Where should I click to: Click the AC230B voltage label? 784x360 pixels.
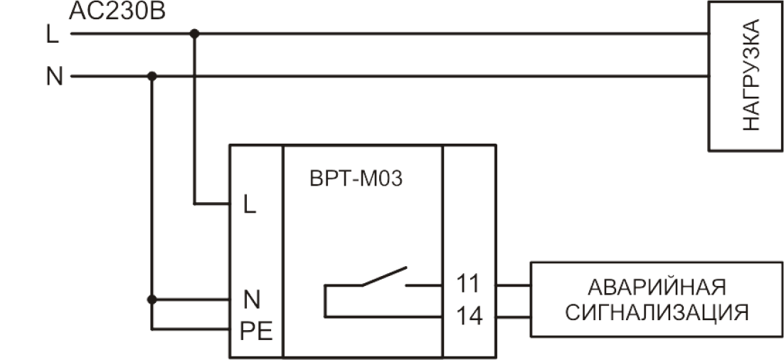click(117, 11)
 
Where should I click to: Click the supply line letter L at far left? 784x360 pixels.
click(53, 34)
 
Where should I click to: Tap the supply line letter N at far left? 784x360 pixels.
click(55, 77)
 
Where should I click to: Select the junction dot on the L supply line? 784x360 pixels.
click(194, 33)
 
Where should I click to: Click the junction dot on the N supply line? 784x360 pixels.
click(152, 76)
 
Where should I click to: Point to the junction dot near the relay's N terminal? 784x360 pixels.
click(152, 300)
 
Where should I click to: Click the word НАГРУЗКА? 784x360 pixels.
click(751, 75)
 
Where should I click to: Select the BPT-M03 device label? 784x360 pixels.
click(356, 179)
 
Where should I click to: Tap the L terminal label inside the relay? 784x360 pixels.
click(250, 204)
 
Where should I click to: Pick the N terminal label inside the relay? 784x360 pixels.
click(252, 300)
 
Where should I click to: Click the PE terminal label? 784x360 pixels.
click(257, 331)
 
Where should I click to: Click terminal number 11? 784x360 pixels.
click(468, 285)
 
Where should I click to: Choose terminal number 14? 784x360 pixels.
click(470, 316)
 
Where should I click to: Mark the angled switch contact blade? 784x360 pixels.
click(384, 277)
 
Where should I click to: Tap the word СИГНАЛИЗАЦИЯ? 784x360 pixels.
click(657, 313)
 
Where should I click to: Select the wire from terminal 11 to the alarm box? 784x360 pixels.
click(513, 285)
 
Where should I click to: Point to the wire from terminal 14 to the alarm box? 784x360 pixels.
click(513, 317)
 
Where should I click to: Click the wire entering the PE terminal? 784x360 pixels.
click(191, 329)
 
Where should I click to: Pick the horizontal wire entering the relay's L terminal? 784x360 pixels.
click(212, 203)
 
